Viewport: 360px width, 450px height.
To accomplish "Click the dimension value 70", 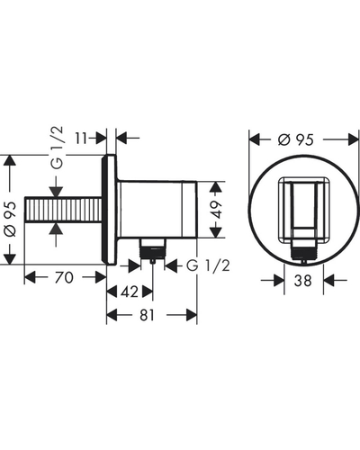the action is [64, 277].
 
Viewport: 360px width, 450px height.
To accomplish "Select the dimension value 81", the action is [147, 315].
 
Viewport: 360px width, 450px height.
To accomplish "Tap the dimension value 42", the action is [130, 292].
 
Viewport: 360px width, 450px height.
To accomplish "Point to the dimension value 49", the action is [216, 210].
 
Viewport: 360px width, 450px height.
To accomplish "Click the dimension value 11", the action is [82, 139].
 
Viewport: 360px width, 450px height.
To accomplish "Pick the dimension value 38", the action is [303, 281].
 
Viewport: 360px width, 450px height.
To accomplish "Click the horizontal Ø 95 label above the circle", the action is [296, 139].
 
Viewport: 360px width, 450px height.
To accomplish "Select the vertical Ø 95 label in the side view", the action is [11, 219].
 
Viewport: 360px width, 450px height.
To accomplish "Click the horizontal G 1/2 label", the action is [208, 265].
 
